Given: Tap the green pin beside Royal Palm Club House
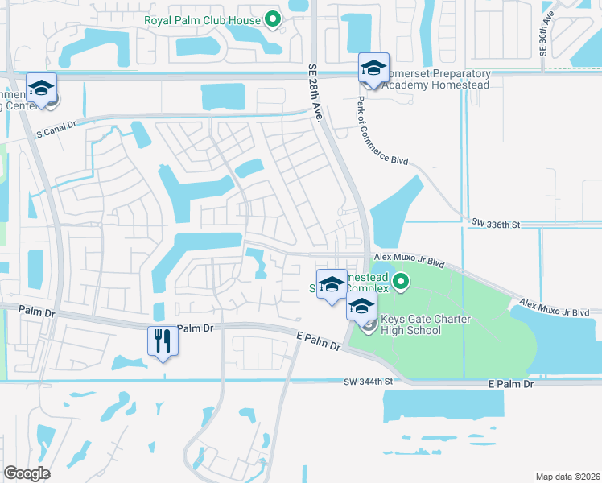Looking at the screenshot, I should [x=273, y=20].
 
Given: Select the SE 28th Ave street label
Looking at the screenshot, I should [x=315, y=93].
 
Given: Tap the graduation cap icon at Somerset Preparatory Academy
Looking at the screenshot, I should [x=373, y=68].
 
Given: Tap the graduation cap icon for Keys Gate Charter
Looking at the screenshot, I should [x=361, y=306].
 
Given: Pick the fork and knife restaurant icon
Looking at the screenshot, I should [x=162, y=341].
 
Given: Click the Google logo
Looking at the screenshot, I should [x=27, y=473].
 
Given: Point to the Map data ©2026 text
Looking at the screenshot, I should [x=567, y=476].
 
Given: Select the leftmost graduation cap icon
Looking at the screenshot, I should [x=41, y=88].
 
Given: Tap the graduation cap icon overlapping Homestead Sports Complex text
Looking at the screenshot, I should [x=332, y=284].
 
